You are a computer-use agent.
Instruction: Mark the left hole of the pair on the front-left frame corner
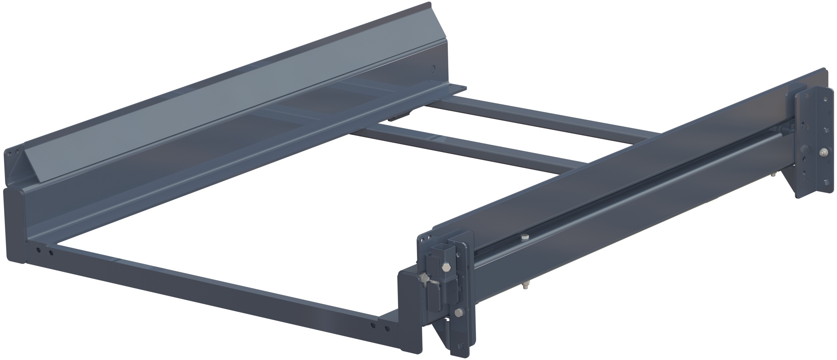click(x=39, y=250)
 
